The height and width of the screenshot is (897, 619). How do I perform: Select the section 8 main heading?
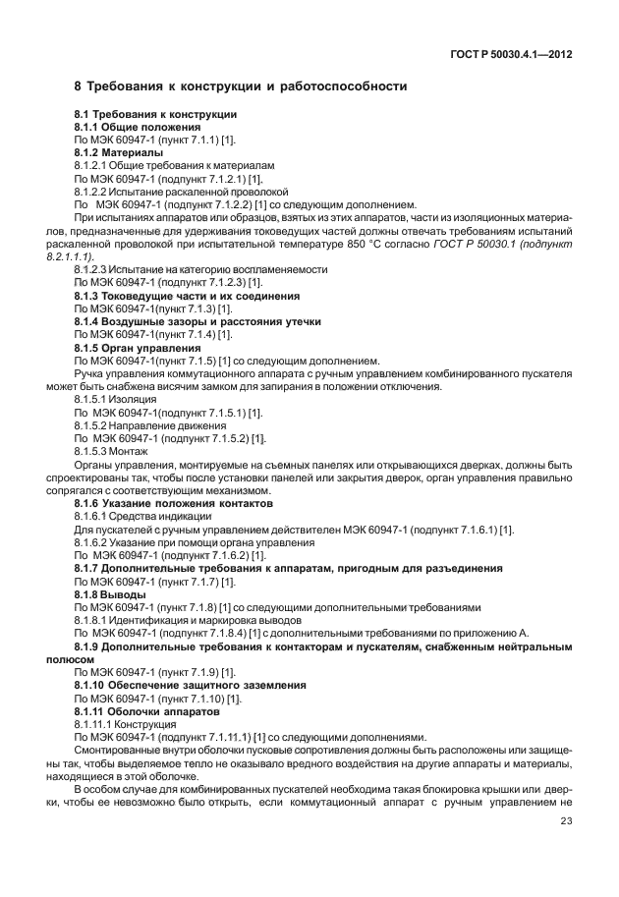241,86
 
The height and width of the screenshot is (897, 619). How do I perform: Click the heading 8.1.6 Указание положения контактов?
173,502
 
